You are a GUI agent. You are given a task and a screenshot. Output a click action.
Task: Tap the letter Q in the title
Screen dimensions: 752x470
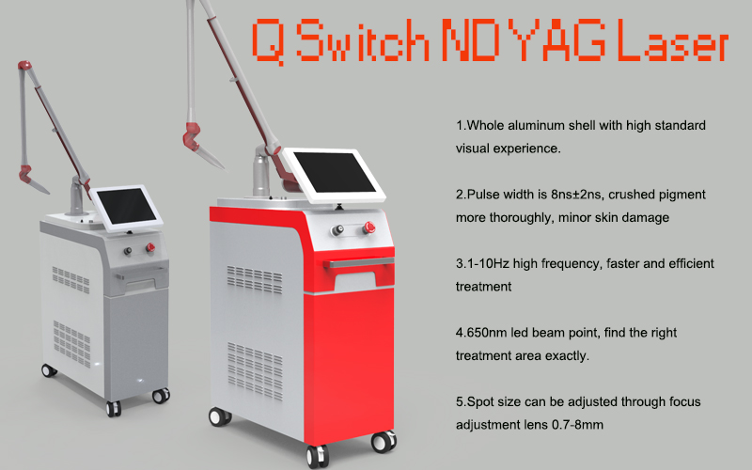(x=268, y=42)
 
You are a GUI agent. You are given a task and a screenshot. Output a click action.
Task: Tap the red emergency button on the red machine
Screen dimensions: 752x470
(x=368, y=227)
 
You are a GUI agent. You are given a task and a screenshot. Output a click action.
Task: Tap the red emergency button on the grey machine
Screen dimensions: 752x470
(x=150, y=248)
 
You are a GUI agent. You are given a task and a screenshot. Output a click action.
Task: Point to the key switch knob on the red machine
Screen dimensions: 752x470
(x=338, y=230)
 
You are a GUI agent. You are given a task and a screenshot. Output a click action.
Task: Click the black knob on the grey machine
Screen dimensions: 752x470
(x=128, y=251)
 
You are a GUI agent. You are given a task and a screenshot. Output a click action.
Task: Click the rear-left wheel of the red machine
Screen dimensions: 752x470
(x=220, y=416)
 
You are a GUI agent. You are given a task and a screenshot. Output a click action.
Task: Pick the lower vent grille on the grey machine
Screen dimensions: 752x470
(x=72, y=344)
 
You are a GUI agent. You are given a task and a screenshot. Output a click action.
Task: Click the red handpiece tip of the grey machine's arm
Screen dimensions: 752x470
(x=25, y=174)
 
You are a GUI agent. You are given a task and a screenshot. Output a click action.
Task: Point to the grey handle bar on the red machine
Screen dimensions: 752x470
(x=359, y=262)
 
